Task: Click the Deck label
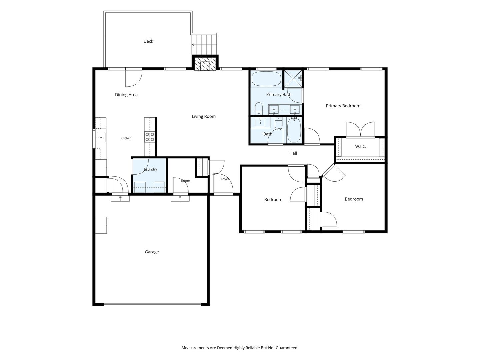pos(148,41)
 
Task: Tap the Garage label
pos(152,252)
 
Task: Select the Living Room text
pos(204,117)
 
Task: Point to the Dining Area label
pos(126,95)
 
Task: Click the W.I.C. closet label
pos(360,146)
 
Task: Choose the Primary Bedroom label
pos(343,106)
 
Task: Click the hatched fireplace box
pos(205,64)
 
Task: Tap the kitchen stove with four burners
pos(150,137)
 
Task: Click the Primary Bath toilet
pos(259,108)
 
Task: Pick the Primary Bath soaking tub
pos(266,79)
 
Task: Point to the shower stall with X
pos(293,79)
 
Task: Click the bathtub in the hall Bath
pos(294,130)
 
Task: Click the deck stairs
pos(204,45)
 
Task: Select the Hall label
pos(293,153)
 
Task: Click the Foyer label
pos(225,179)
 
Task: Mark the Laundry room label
pos(150,169)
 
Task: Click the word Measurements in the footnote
pos(195,348)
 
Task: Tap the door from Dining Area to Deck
pos(134,78)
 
